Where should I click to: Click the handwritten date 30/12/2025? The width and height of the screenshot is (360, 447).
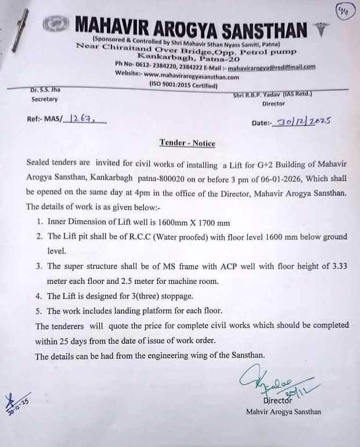pos(304,121)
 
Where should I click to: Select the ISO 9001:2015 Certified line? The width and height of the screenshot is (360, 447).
pos(183,85)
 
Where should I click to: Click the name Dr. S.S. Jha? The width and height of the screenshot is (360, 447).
pos(45,90)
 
